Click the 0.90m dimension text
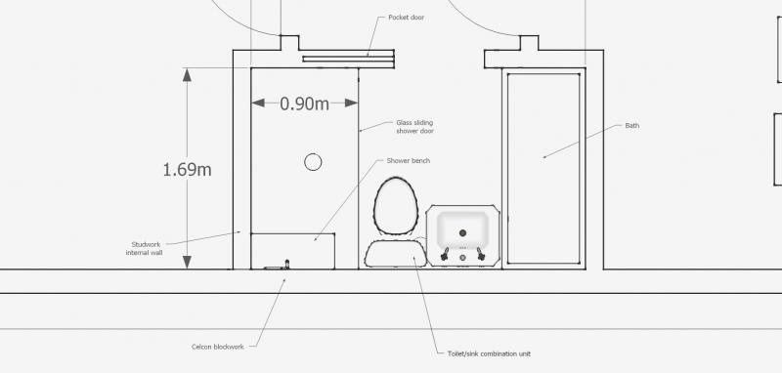click(304, 103)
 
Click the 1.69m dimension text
click(187, 169)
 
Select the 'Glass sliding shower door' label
click(414, 127)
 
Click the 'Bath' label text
click(630, 126)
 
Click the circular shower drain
click(313, 162)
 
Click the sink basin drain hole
click(463, 233)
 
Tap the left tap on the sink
click(447, 254)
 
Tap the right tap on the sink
click(480, 254)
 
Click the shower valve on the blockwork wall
click(286, 264)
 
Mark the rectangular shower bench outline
click(293, 250)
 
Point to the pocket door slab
click(349, 61)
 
